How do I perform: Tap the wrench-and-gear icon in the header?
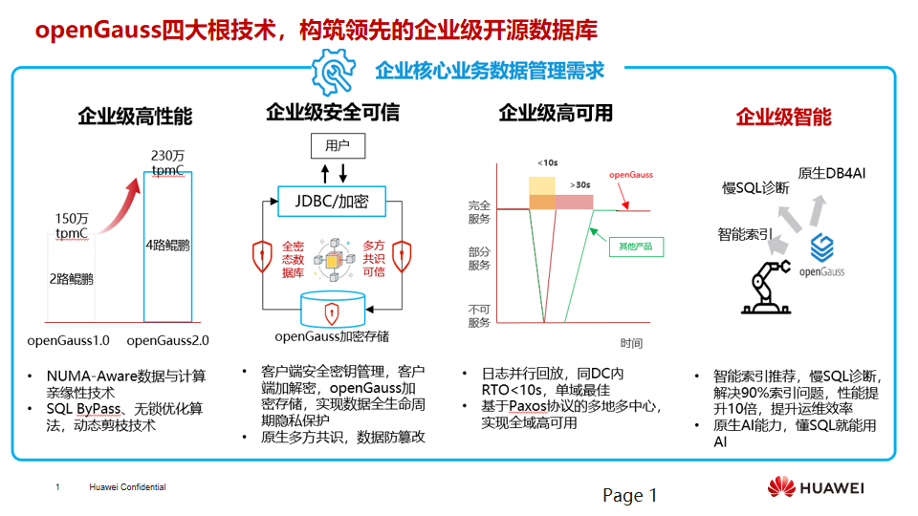pyautogui.click(x=333, y=70)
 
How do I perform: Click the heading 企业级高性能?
pyautogui.click(x=135, y=117)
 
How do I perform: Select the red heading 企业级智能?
pyautogui.click(x=783, y=117)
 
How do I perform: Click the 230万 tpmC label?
pyautogui.click(x=166, y=162)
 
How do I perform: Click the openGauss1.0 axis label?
pyautogui.click(x=68, y=340)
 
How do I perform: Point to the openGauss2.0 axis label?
pyautogui.click(x=168, y=340)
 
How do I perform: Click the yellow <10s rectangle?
pyautogui.click(x=542, y=184)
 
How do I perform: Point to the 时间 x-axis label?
pyautogui.click(x=631, y=343)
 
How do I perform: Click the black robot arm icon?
pyautogui.click(x=768, y=290)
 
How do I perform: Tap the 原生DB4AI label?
pyautogui.click(x=831, y=172)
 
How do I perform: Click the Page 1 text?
pyautogui.click(x=629, y=495)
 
